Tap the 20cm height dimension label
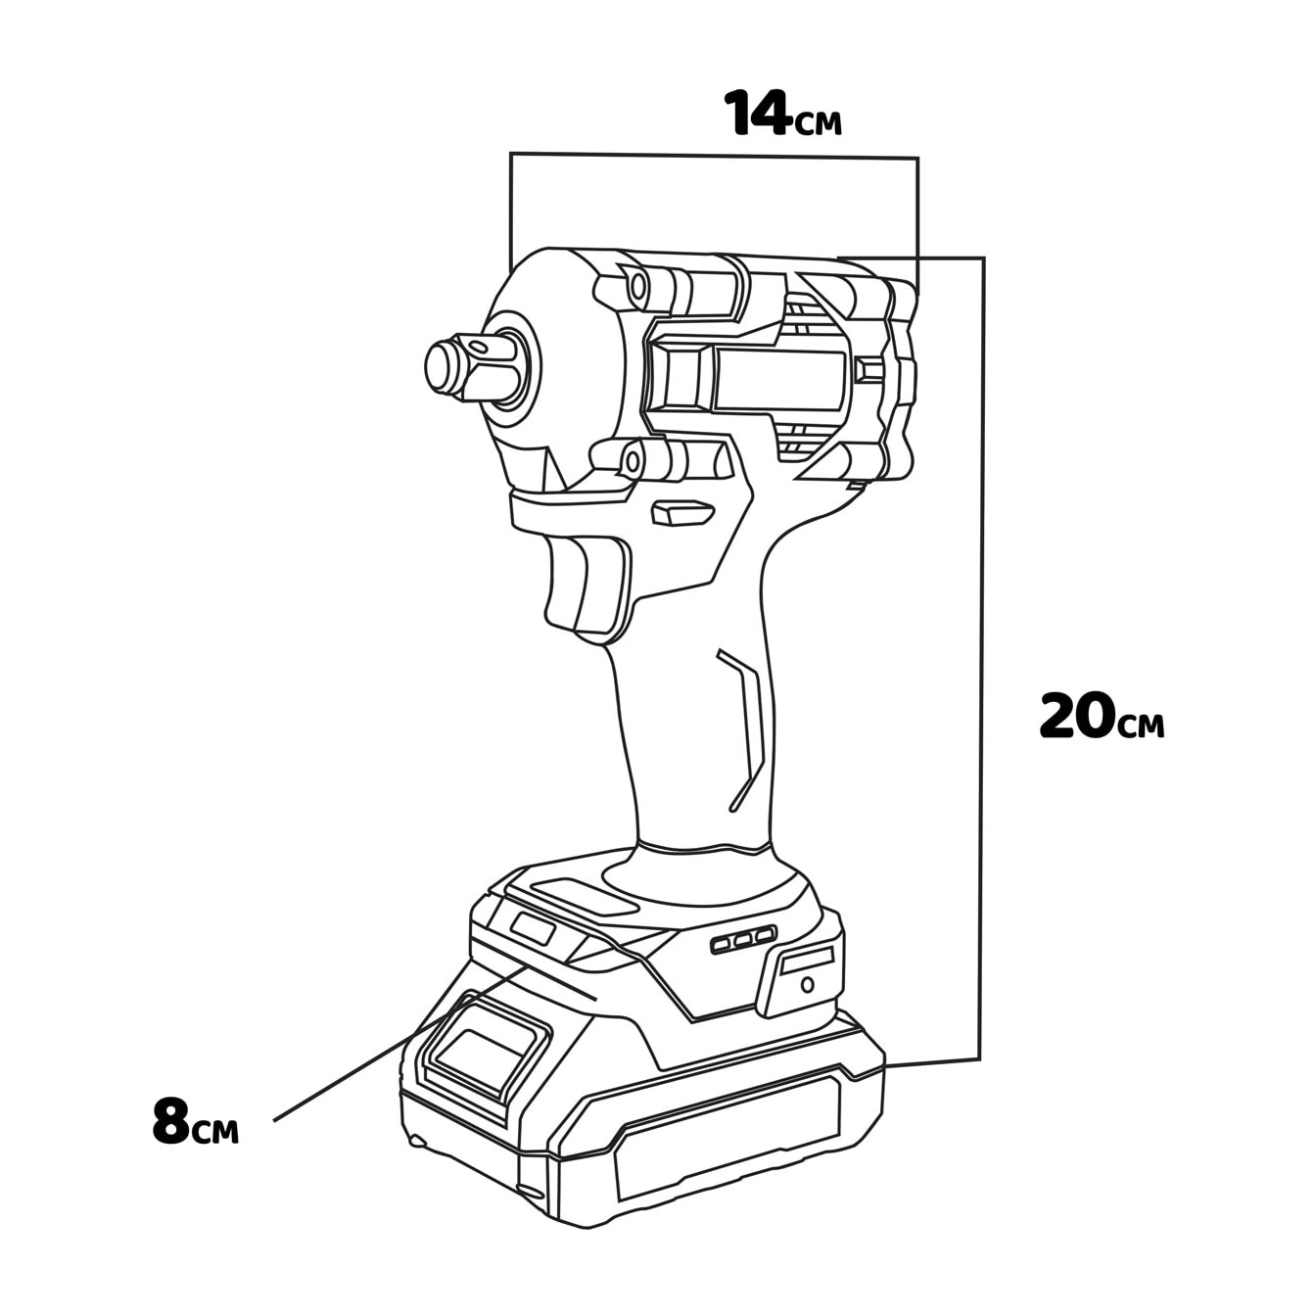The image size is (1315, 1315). (x=1102, y=717)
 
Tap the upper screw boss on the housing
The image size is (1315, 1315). (x=637, y=286)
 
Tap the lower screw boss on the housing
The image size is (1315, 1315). (x=634, y=460)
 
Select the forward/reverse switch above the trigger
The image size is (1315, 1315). (x=683, y=512)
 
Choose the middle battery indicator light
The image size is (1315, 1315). (x=743, y=940)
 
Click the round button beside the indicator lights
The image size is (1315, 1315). (x=807, y=983)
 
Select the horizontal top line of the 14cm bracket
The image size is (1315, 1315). (x=715, y=155)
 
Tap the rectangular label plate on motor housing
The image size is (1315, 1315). (x=779, y=380)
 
